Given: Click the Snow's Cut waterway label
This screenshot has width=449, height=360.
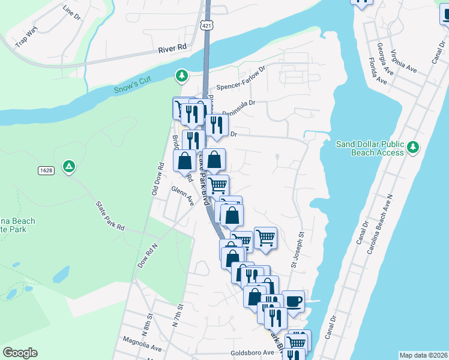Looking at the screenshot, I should pyautogui.click(x=133, y=86).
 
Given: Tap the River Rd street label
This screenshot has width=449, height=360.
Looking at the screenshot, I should pyautogui.click(x=173, y=52).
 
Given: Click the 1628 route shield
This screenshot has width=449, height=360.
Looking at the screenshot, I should pyautogui.click(x=46, y=170).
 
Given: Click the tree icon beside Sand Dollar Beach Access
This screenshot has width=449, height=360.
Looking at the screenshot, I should pyautogui.click(x=412, y=147).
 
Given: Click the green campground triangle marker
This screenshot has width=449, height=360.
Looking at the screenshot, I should pyautogui.click(x=70, y=166).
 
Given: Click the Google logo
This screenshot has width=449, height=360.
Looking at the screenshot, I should pyautogui.click(x=20, y=353).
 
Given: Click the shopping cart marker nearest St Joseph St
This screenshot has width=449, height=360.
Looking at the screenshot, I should pyautogui.click(x=265, y=238).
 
